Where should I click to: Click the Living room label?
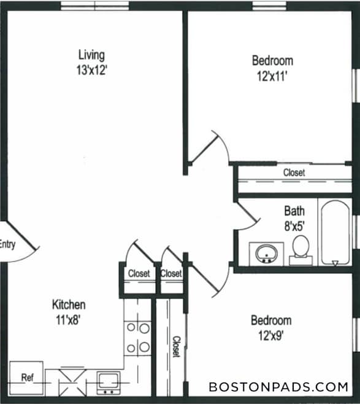91,55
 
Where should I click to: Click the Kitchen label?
68,305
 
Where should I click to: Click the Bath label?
294,211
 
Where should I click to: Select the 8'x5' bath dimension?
294,225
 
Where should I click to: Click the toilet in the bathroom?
301,251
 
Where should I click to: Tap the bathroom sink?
267,253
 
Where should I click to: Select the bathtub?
335,233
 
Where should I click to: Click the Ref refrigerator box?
26,376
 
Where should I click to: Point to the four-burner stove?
138,338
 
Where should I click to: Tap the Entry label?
7,244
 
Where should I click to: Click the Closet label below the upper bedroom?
294,173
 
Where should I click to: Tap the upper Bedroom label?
272,61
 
